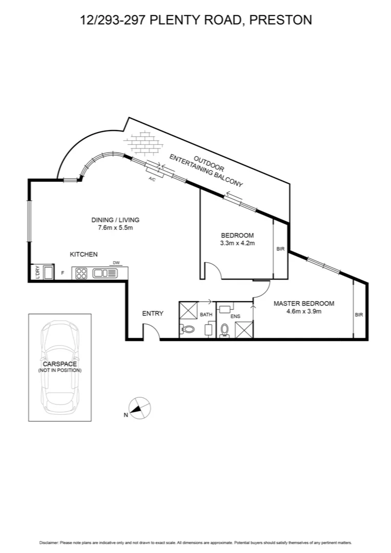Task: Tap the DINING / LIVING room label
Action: [115, 220]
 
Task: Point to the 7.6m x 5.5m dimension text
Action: [115, 227]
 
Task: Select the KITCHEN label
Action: [84, 254]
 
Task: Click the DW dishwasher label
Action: [116, 263]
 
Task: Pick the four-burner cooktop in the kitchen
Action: [81, 273]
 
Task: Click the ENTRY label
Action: [153, 313]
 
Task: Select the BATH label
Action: [206, 315]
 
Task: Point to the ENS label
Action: [235, 317]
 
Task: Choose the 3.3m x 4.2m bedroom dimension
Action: [237, 243]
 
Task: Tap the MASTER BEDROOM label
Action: [303, 303]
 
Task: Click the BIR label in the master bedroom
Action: [359, 315]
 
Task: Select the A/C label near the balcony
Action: [151, 179]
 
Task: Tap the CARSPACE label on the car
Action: [59, 364]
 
